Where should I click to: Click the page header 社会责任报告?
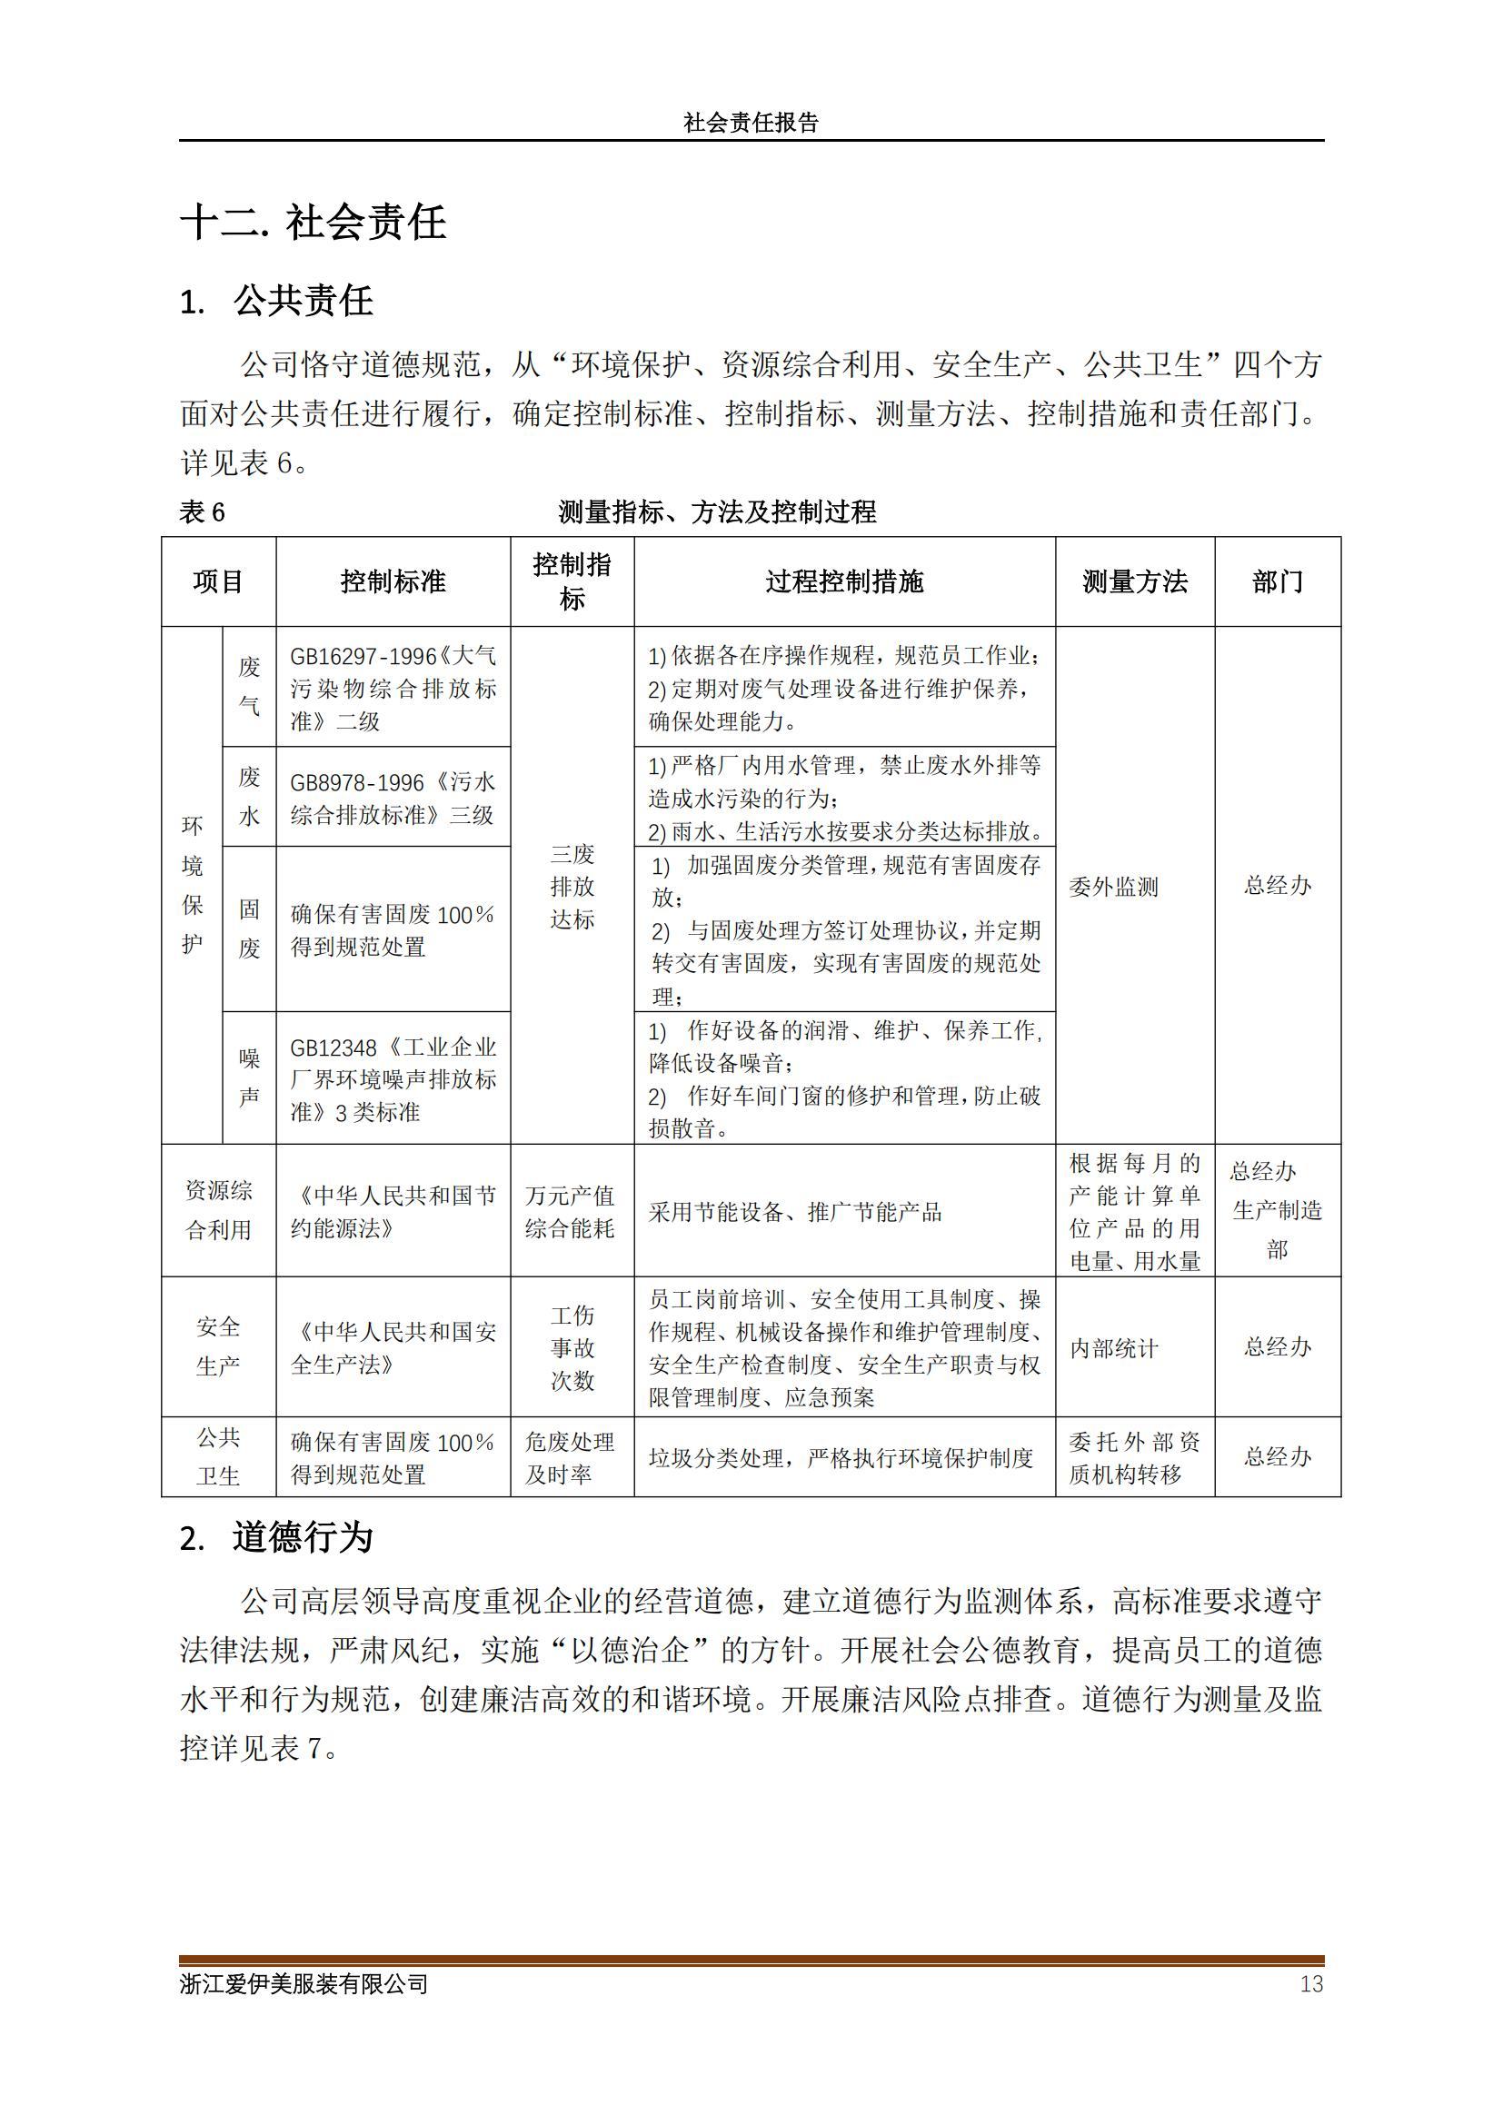[x=751, y=123]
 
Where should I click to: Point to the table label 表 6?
[x=202, y=511]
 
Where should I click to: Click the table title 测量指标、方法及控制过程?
[x=717, y=511]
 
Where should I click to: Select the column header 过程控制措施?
[x=844, y=581]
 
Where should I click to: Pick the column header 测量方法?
[x=1135, y=581]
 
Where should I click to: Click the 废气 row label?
[x=249, y=686]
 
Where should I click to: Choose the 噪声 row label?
[x=249, y=1077]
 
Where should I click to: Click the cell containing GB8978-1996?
[x=393, y=798]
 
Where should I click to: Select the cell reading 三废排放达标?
[x=572, y=886]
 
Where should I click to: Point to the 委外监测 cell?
[x=1113, y=887]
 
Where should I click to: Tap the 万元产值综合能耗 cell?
[x=571, y=1212]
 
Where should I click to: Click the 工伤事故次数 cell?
[x=572, y=1347]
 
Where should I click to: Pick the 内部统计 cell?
[x=1113, y=1348]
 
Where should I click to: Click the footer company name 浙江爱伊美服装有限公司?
[x=304, y=1983]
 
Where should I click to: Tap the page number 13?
[x=1310, y=1983]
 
